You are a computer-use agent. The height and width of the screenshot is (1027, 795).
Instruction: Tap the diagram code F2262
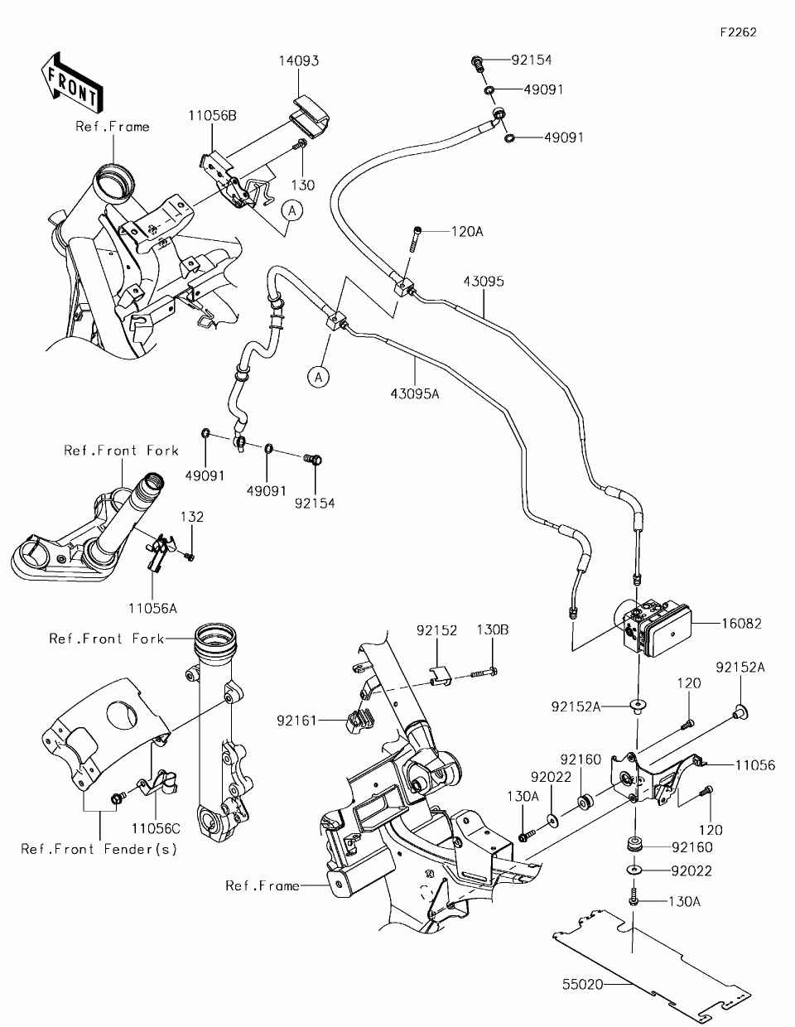[x=738, y=32]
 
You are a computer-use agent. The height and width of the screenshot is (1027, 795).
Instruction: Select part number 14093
[x=298, y=60]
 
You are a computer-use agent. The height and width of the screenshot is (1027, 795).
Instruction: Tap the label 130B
[x=492, y=629]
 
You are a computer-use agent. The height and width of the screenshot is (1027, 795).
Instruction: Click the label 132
[x=192, y=516]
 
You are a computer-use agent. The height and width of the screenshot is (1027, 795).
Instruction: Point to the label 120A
[x=467, y=232]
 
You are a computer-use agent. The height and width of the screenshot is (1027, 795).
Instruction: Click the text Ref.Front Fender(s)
[x=99, y=849]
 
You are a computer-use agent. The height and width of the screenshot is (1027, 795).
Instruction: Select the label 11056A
[x=152, y=607]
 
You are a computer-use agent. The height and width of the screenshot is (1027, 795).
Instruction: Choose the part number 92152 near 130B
[x=437, y=629]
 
